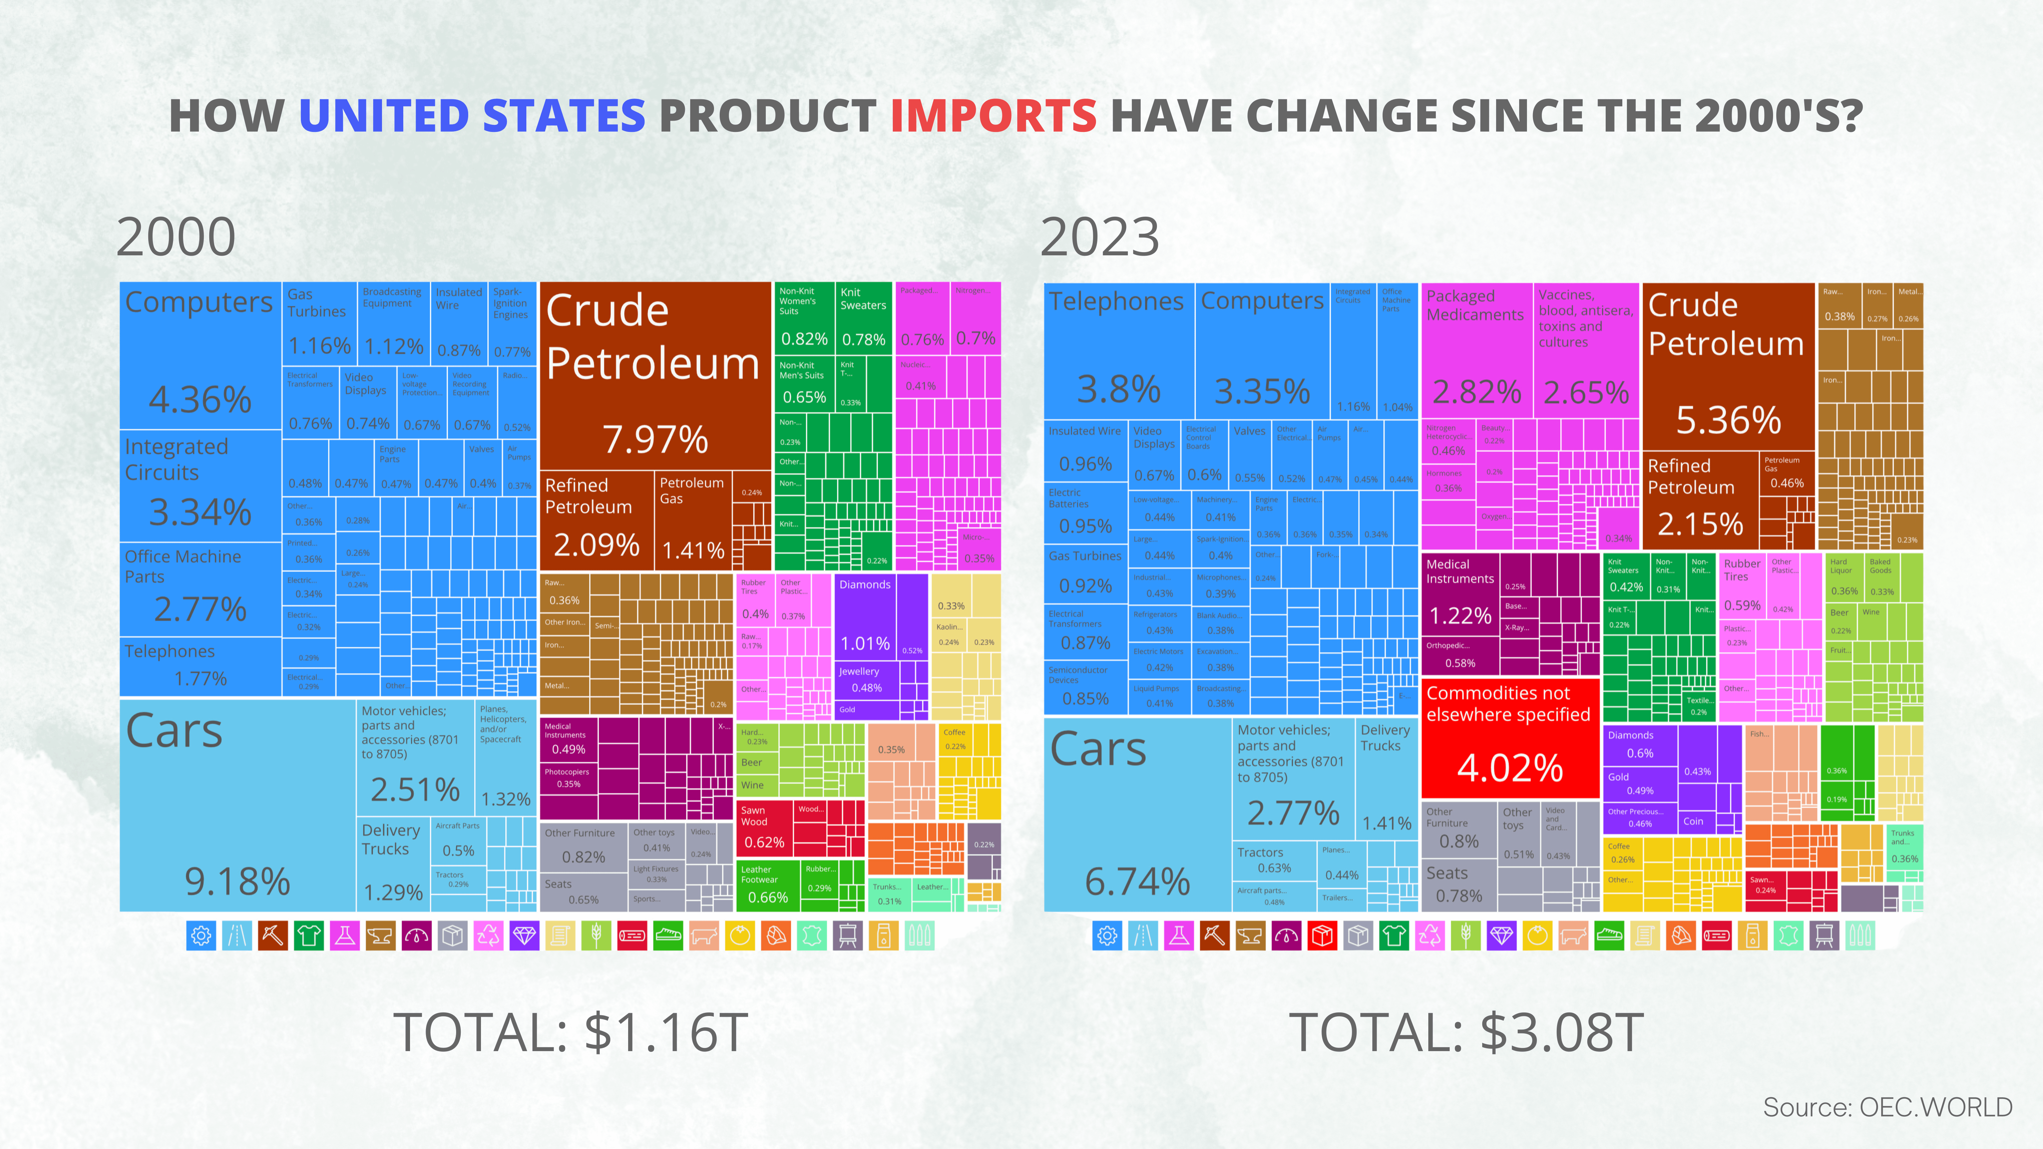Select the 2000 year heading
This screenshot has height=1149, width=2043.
click(176, 237)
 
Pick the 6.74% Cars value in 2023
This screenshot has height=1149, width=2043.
click(1137, 881)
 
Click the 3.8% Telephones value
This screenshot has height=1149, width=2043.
click(1118, 389)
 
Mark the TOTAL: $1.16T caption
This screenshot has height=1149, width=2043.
click(570, 1032)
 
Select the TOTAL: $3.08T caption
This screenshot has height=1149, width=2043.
click(1466, 1032)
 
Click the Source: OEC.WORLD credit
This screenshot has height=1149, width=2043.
click(1887, 1107)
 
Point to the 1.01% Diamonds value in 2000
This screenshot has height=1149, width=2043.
click(864, 643)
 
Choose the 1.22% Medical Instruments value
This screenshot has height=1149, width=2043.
click(1460, 615)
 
